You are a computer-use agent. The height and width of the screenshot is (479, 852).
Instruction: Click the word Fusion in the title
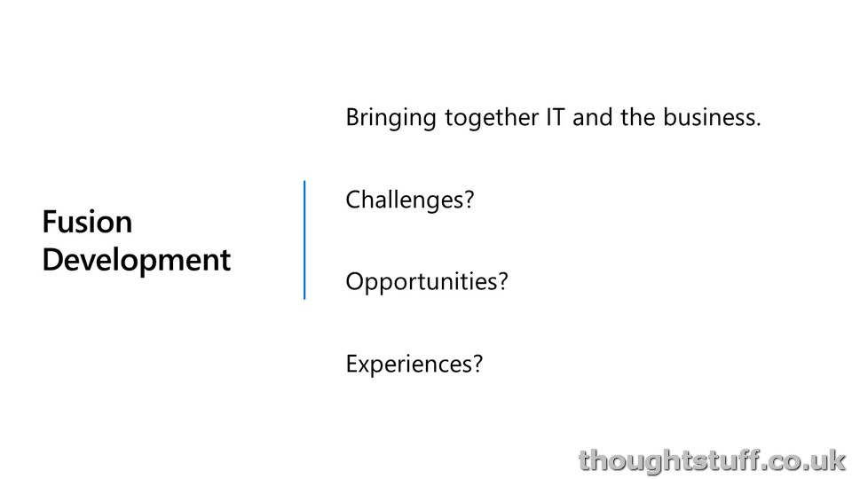pyautogui.click(x=87, y=222)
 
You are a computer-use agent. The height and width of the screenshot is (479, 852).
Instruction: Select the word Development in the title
pyautogui.click(x=137, y=261)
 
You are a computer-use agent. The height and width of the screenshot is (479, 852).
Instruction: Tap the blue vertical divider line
pyautogui.click(x=304, y=239)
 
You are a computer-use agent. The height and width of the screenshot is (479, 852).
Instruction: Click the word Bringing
pyautogui.click(x=390, y=119)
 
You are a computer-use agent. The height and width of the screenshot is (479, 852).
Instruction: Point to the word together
pyautogui.click(x=492, y=118)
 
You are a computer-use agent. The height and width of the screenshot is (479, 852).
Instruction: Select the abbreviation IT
pyautogui.click(x=556, y=117)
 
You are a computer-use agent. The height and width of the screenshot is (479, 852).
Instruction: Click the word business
pyautogui.click(x=708, y=117)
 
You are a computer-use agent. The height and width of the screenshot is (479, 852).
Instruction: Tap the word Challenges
pyautogui.click(x=404, y=200)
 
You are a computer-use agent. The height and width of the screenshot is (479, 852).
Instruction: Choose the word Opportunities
pyautogui.click(x=421, y=282)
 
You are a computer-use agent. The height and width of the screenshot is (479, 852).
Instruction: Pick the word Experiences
pyautogui.click(x=408, y=365)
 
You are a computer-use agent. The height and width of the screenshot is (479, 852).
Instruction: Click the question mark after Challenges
pyautogui.click(x=469, y=200)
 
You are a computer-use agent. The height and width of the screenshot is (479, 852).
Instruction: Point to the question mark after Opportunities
pyautogui.click(x=502, y=281)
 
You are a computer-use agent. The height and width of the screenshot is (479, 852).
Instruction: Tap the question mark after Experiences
pyautogui.click(x=477, y=364)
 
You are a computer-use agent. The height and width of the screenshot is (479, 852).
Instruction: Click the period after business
pyautogui.click(x=758, y=124)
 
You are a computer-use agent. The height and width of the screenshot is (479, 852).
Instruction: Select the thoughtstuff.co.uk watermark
pyautogui.click(x=712, y=461)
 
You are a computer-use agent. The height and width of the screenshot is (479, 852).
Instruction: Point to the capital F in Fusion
pyautogui.click(x=50, y=222)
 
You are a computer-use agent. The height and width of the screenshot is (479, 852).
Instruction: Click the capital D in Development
pyautogui.click(x=53, y=260)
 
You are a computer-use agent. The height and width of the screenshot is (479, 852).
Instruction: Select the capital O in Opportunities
pyautogui.click(x=355, y=281)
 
